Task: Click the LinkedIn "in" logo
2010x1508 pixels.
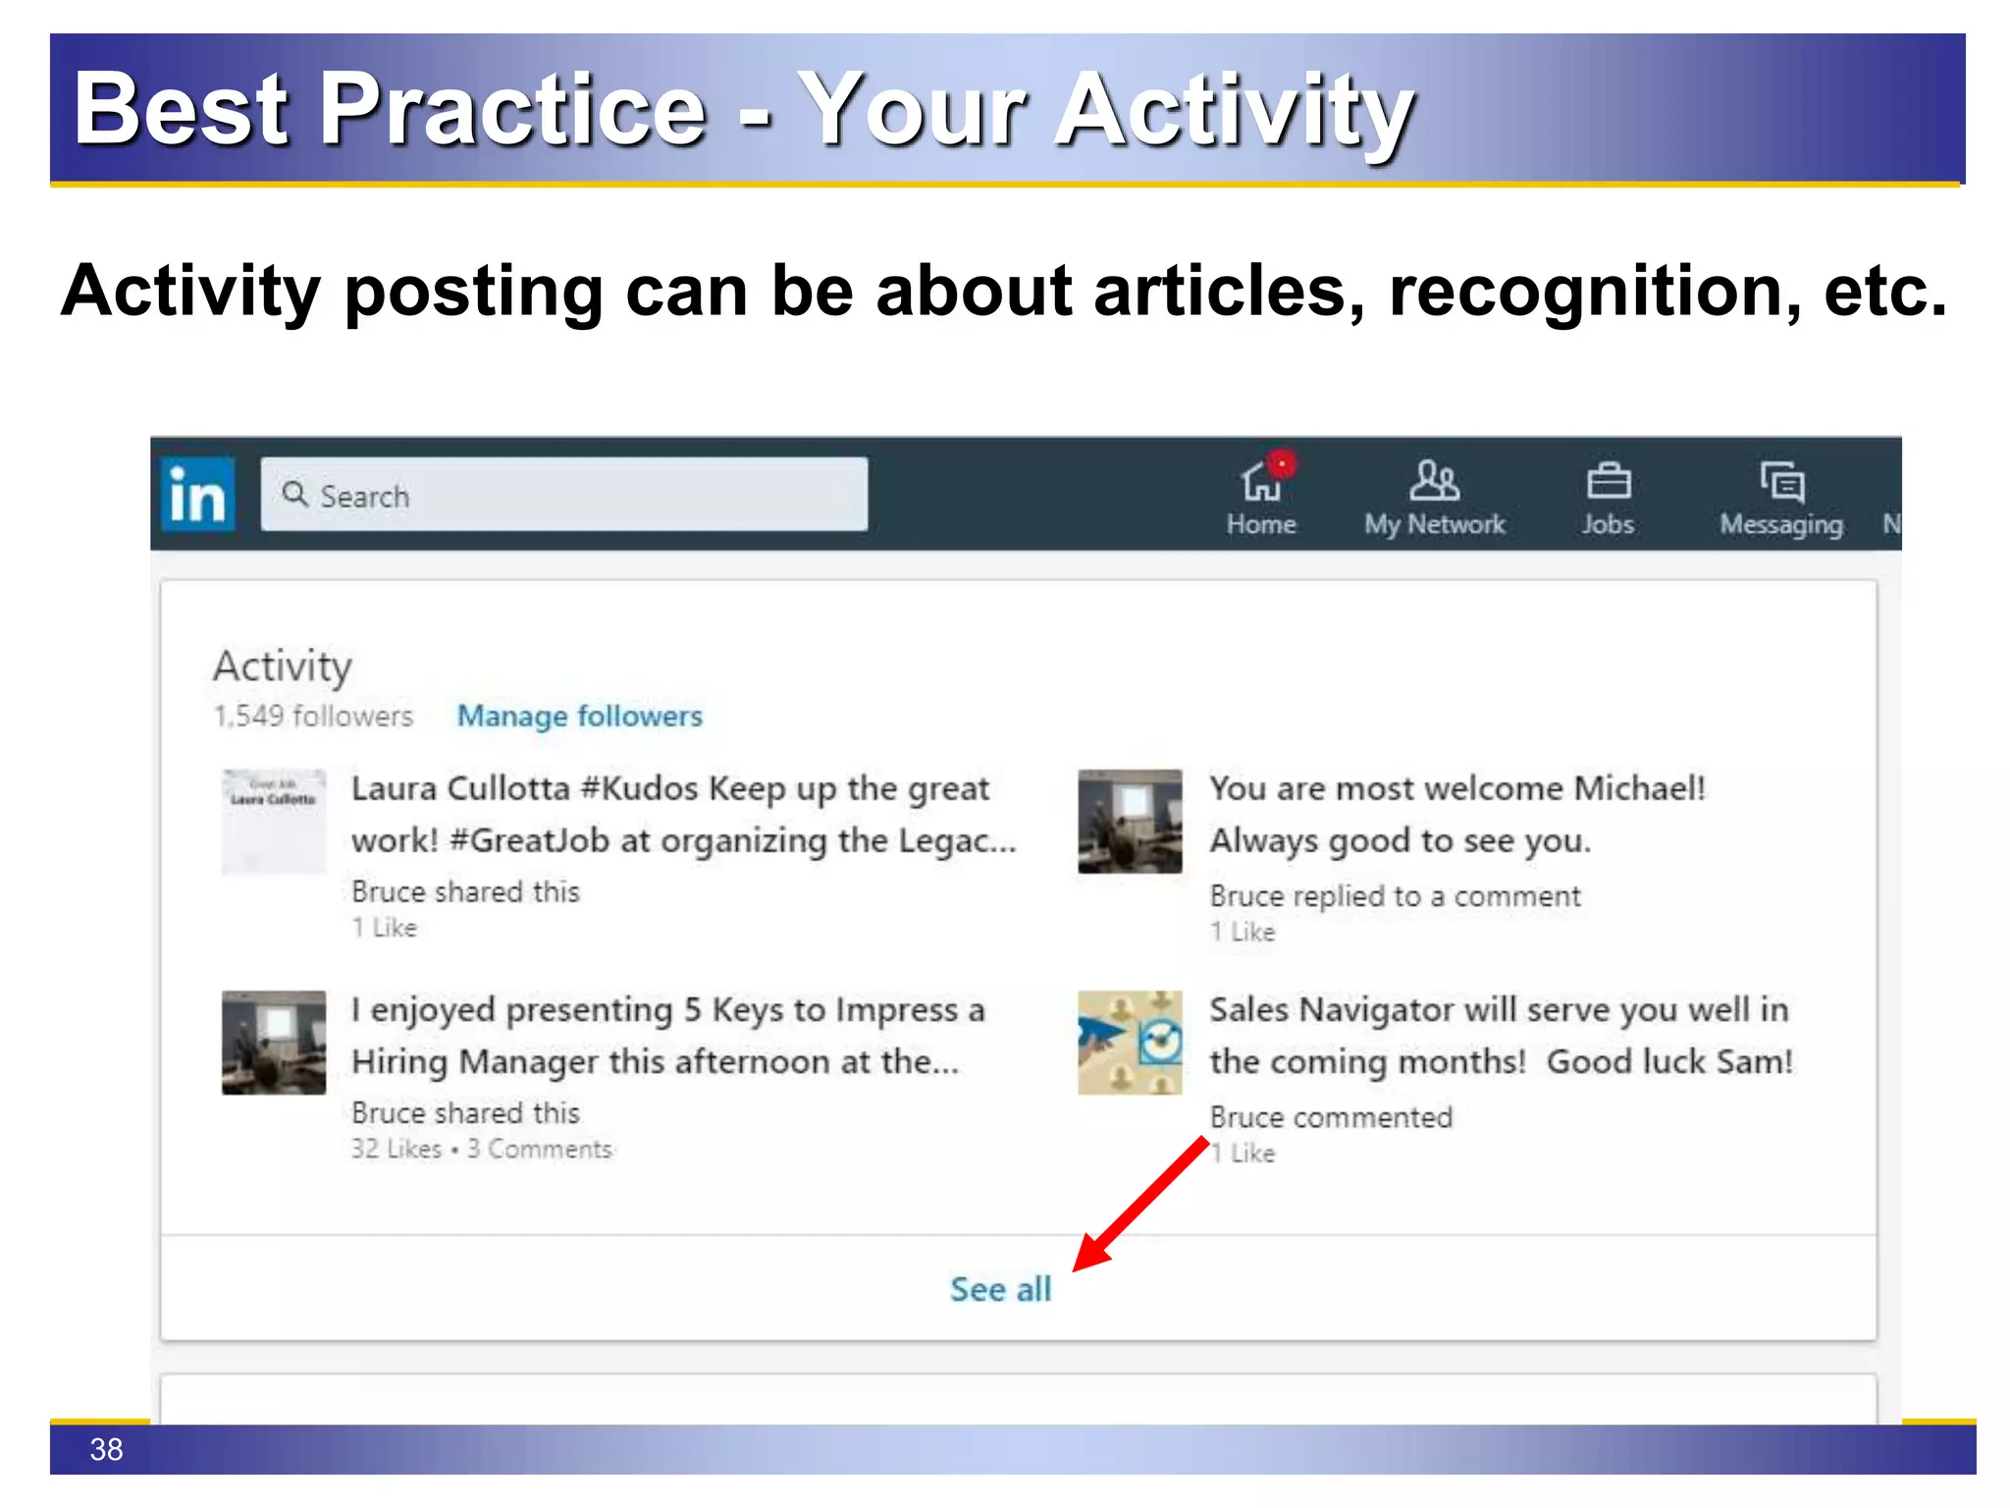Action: [197, 494]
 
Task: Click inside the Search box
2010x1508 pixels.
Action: [563, 495]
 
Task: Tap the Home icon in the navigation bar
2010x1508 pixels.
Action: [1261, 481]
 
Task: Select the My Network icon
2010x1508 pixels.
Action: [1434, 481]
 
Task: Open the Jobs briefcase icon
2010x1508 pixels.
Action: [1608, 481]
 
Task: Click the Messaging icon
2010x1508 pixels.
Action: [1781, 481]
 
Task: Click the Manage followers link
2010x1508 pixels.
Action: [580, 716]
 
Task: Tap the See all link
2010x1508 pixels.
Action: [1000, 1289]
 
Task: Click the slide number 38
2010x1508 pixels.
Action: [106, 1449]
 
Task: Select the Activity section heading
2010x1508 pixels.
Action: [283, 666]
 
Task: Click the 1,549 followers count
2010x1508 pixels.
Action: [313, 716]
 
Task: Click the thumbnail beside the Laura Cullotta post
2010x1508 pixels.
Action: [274, 822]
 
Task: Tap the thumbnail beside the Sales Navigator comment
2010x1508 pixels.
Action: [1130, 1043]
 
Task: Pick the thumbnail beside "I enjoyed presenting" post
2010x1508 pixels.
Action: [274, 1043]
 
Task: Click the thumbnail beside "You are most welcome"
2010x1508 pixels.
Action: [1130, 822]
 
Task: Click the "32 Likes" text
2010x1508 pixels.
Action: [397, 1149]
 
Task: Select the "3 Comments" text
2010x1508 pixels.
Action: [540, 1149]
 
